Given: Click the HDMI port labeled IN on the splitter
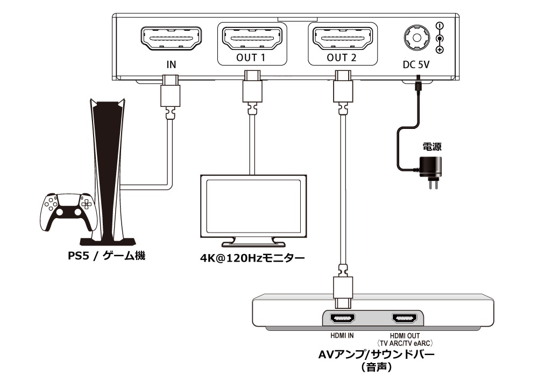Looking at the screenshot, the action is point(171,38).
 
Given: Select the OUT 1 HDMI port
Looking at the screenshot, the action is point(252,38).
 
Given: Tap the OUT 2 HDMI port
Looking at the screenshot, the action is point(342,38).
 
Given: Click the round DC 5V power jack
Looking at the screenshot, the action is point(416,38).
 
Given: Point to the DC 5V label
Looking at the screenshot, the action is point(416,64).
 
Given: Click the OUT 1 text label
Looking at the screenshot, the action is point(251,58).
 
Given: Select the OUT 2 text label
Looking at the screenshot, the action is point(342,58).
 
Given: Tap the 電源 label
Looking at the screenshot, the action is point(432,147).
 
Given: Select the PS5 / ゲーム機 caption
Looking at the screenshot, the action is point(107,256).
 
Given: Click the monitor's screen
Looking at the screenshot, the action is point(253,206).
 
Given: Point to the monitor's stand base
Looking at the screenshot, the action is point(253,244).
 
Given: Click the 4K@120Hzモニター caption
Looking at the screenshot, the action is point(252,257).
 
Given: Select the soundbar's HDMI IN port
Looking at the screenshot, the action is point(342,319).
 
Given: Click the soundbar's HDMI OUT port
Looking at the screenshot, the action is point(405,319).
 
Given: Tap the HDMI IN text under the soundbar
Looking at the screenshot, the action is point(342,336).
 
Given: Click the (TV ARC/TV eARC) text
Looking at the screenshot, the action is point(405,343).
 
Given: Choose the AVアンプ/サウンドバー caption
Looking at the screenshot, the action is point(377,355).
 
